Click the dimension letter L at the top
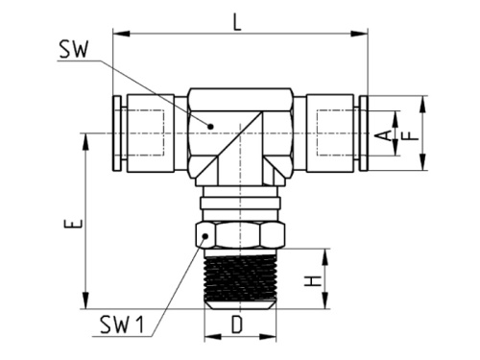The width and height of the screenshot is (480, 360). click(x=238, y=20)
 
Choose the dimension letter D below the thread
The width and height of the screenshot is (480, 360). click(x=237, y=326)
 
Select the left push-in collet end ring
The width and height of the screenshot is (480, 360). click(x=117, y=132)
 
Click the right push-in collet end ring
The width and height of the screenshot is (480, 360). click(x=363, y=132)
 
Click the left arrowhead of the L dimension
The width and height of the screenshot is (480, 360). click(x=118, y=36)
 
